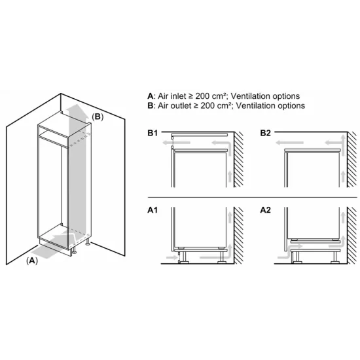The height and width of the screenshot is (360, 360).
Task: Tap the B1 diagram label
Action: tap(153, 133)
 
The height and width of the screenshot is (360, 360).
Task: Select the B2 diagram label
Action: tap(265, 133)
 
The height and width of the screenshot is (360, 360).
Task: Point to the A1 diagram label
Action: tap(153, 211)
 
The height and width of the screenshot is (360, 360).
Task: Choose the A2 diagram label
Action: tap(265, 211)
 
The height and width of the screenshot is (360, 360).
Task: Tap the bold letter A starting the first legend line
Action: tap(151, 96)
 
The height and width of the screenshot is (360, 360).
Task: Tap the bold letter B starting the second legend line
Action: tap(151, 105)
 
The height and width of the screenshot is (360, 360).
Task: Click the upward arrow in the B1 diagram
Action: tap(229, 174)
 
